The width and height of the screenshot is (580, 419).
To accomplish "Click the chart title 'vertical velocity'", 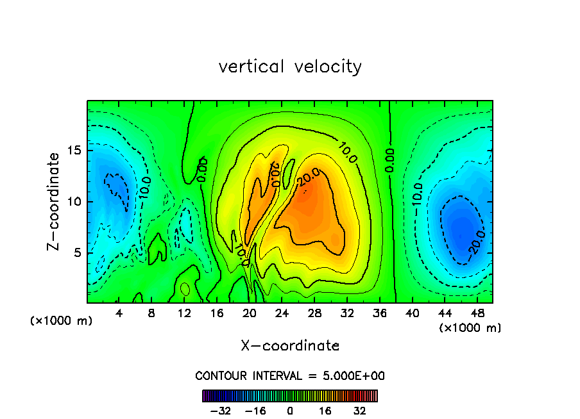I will pyautogui.click(x=290, y=67).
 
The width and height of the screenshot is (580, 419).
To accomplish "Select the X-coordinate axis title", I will pyautogui.click(x=290, y=346).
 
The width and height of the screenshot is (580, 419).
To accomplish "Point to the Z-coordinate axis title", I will pyautogui.click(x=55, y=201).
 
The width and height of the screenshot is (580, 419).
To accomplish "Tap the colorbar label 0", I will pyautogui.click(x=290, y=411).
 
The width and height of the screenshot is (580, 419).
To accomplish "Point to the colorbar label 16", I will pyautogui.click(x=325, y=411).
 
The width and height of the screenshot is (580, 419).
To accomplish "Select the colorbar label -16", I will pyautogui.click(x=255, y=411).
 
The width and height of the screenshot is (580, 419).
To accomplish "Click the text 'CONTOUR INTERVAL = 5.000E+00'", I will pyautogui.click(x=290, y=376).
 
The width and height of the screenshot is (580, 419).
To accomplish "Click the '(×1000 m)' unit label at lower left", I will pyautogui.click(x=62, y=321).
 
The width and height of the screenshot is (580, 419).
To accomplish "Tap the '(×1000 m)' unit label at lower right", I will pyautogui.click(x=470, y=328).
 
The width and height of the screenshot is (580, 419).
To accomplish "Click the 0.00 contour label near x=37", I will pyautogui.click(x=389, y=160).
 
